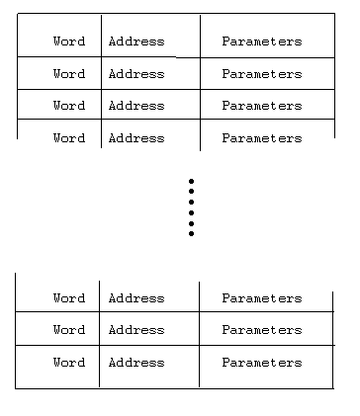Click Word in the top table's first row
click(69, 42)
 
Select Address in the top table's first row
click(136, 42)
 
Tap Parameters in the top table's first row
click(262, 42)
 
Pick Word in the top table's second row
click(69, 74)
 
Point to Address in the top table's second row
click(136, 74)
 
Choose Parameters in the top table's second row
click(262, 74)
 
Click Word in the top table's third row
click(69, 106)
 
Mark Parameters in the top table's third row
click(262, 106)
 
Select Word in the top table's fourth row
click(69, 138)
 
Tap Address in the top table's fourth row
click(136, 138)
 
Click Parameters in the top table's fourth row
click(262, 138)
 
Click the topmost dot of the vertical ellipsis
click(191, 181)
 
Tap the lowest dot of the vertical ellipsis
click(191, 234)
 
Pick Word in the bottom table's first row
click(69, 298)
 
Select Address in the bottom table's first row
click(136, 298)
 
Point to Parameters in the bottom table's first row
click(262, 298)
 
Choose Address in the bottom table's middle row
click(136, 330)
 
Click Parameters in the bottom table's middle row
click(262, 330)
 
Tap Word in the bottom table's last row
click(69, 363)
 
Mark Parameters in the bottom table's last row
click(262, 363)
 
